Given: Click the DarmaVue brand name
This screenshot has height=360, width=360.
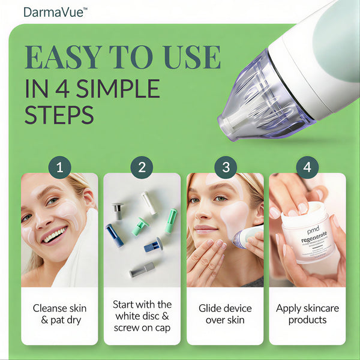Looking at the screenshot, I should coord(54,11).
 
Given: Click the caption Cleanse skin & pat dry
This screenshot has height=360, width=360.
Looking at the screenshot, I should coord(59,314).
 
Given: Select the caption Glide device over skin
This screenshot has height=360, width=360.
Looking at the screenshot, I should coord(225,314).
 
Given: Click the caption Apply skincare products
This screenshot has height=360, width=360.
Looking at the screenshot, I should coord(307,314).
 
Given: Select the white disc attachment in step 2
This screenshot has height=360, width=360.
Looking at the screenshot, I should coord(148,202).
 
